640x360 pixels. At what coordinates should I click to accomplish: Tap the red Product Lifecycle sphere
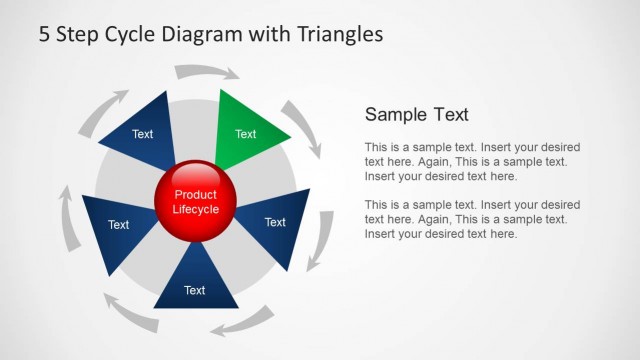point(195,201)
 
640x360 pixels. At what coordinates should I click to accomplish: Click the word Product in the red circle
point(195,194)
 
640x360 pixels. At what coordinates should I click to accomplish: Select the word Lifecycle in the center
point(195,210)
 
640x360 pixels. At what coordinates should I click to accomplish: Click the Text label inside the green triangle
point(245,134)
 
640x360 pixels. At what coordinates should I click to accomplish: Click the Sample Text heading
point(416,114)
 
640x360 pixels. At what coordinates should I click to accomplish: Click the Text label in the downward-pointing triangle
point(195,290)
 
